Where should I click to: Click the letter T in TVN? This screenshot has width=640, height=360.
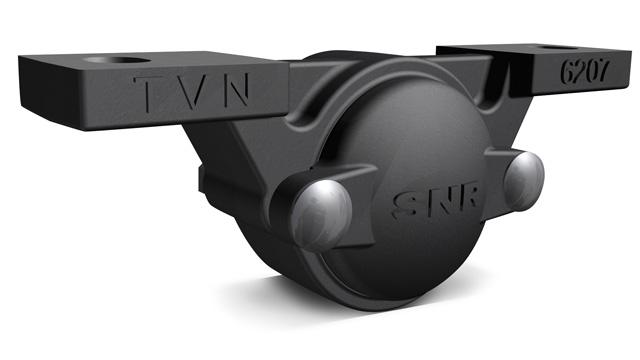146,93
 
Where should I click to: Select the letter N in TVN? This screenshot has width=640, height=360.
236,90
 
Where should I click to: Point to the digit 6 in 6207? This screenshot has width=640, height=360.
568,72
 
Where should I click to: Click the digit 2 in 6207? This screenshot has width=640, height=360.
580,72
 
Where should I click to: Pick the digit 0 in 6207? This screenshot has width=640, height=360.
591,71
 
